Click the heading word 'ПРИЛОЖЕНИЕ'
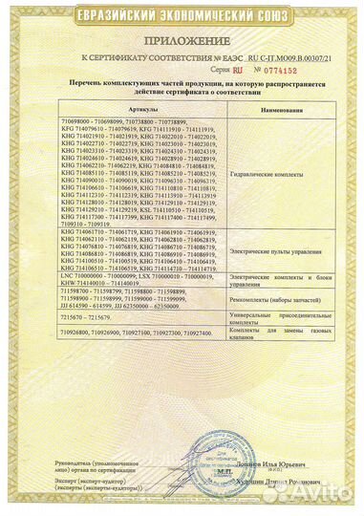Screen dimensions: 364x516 tap(182, 42)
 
